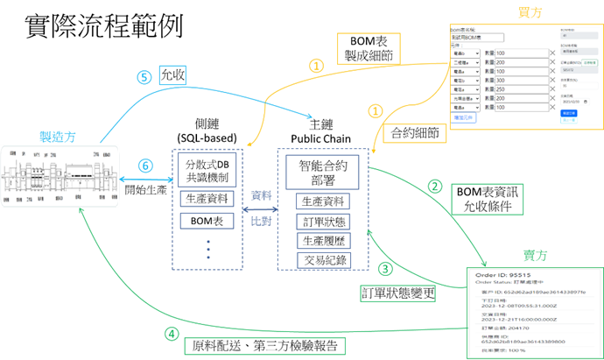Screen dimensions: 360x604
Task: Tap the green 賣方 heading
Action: (536, 255)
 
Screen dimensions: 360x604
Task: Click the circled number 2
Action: (435, 187)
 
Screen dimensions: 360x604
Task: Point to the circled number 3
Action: (386, 270)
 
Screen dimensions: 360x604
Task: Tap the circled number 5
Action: (145, 76)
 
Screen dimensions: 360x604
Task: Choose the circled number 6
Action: (145, 164)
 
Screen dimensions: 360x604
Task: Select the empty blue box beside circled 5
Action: (172, 74)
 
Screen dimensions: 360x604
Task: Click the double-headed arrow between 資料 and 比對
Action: (260, 209)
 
